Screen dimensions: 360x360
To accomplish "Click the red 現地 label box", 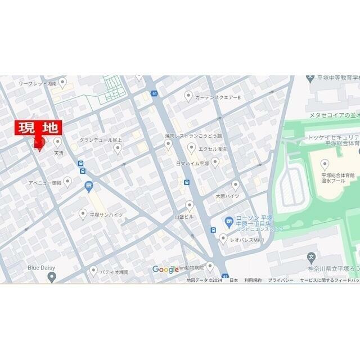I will [38, 129].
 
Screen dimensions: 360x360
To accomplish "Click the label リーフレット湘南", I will [37, 83].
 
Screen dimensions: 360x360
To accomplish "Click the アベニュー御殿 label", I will [45, 183].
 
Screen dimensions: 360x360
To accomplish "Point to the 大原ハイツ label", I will [227, 196].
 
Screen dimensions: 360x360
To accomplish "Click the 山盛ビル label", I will [183, 216].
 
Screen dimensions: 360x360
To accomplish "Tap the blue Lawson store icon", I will [228, 221].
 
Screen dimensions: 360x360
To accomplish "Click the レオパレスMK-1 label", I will [247, 240].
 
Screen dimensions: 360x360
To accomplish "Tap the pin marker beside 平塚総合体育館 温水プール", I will [324, 164].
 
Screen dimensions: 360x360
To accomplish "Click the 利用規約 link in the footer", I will [253, 280].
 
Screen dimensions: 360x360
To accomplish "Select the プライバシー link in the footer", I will [280, 280].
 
